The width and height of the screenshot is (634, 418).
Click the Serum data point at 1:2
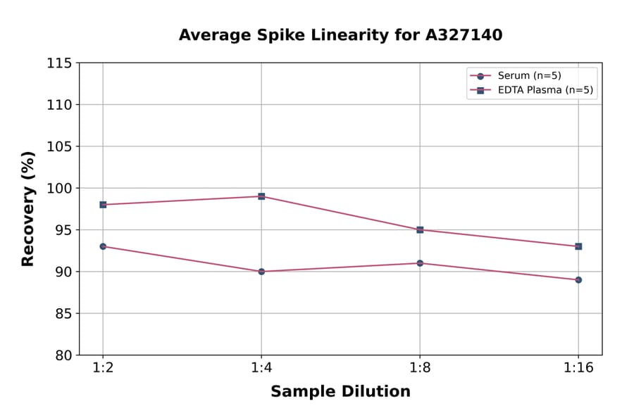pyautogui.click(x=103, y=246)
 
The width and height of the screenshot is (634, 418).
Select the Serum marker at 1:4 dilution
pyautogui.click(x=261, y=272)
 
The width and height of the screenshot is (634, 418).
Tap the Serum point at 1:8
pyautogui.click(x=420, y=263)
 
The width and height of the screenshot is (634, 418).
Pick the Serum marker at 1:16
pyautogui.click(x=578, y=280)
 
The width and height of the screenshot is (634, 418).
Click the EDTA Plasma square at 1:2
pyautogui.click(x=103, y=205)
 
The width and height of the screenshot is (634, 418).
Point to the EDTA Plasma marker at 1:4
pyautogui.click(x=261, y=196)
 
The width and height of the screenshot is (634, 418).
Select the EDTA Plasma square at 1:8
pyautogui.click(x=420, y=230)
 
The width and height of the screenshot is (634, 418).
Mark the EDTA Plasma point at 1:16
pyautogui.click(x=578, y=246)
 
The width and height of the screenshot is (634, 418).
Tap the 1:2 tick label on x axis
pyautogui.click(x=103, y=369)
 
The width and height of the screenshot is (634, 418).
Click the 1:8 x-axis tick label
pyautogui.click(x=420, y=369)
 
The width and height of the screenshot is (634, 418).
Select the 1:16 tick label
pyautogui.click(x=578, y=369)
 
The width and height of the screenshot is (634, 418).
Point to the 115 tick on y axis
pyautogui.click(x=59, y=63)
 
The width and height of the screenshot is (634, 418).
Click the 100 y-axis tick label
pyautogui.click(x=59, y=189)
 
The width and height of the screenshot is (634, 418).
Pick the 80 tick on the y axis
pyautogui.click(x=63, y=355)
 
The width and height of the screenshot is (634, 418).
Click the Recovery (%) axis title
pyautogui.click(x=28, y=209)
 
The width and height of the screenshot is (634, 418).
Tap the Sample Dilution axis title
pyautogui.click(x=340, y=392)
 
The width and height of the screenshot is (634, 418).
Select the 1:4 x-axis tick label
pyautogui.click(x=261, y=369)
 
